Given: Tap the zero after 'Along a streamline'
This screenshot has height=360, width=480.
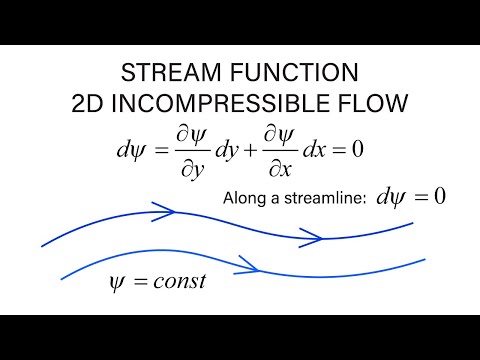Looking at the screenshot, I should pyautogui.click(x=437, y=196).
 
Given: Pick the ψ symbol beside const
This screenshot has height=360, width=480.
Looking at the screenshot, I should pyautogui.click(x=116, y=281).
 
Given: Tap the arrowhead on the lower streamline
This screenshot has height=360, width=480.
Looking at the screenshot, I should pyautogui.click(x=253, y=267).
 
